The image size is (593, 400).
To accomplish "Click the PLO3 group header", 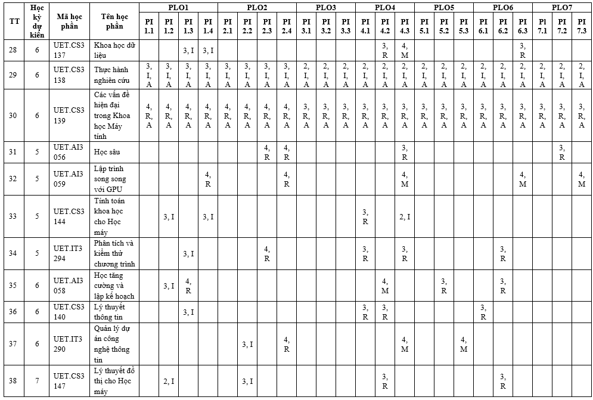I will point(326,7).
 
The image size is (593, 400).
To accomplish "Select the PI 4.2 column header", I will point(385,26).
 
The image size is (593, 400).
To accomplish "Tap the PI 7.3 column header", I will point(582,26).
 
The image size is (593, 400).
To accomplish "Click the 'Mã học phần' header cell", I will point(69,21).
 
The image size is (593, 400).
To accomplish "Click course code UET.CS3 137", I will point(69,50).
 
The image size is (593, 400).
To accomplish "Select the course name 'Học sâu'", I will point(107,152).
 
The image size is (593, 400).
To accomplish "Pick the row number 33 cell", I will point(13,216).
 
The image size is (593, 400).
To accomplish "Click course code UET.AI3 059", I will point(69,179).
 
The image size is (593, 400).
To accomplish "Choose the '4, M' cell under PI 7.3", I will point(582,179).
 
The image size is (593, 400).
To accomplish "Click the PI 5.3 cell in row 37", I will point(464,344).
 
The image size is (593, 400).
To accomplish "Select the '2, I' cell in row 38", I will point(169,381).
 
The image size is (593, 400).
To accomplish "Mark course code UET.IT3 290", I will point(69,344).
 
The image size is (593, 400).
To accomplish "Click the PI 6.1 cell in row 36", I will point(483,312).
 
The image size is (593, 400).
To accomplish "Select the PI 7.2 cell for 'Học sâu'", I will point(562,152).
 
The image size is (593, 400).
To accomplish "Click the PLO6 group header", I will point(503,7).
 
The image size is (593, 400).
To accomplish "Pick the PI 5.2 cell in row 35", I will point(444,286).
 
